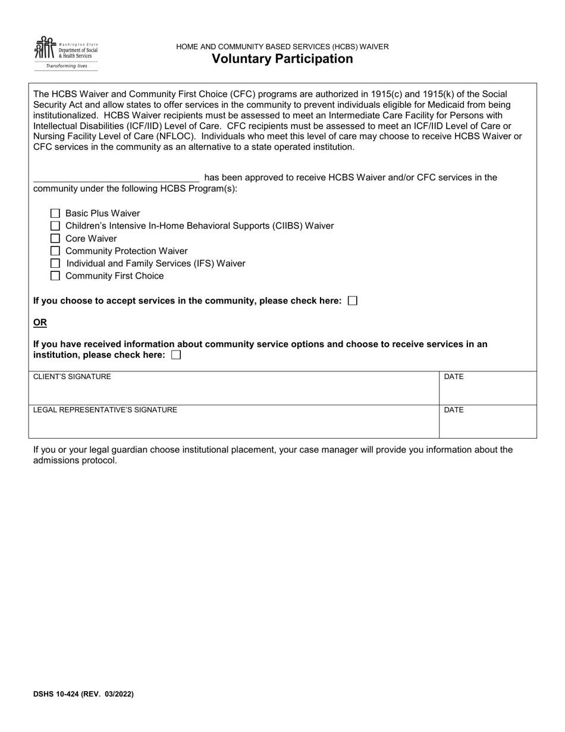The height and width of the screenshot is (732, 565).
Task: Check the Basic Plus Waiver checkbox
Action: pyautogui.click(x=55, y=213)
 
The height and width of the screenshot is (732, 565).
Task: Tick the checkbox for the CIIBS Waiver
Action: pyautogui.click(x=55, y=226)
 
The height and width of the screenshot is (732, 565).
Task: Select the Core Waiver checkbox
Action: pyautogui.click(x=55, y=239)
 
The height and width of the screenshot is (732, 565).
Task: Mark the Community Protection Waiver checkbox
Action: pyautogui.click(x=55, y=251)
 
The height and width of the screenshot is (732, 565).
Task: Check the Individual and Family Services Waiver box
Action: pyautogui.click(x=55, y=263)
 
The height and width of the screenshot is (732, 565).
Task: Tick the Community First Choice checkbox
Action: pyautogui.click(x=55, y=276)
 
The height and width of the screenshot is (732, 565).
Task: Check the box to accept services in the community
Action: pyautogui.click(x=352, y=301)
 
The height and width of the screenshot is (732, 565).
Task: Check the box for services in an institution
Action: pyautogui.click(x=176, y=355)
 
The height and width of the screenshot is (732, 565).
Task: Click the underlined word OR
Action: pyautogui.click(x=40, y=323)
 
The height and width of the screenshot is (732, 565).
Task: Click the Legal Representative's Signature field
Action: pyautogui.click(x=235, y=424)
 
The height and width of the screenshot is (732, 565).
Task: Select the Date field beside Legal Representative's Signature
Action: pyautogui.click(x=488, y=424)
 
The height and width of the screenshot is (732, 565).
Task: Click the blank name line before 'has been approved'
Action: pyautogui.click(x=116, y=177)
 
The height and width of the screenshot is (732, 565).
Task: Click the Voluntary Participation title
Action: pyautogui.click(x=282, y=59)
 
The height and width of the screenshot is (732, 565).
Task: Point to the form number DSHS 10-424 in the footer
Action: pyautogui.click(x=62, y=694)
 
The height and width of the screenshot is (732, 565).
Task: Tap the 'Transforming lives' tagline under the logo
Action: pyautogui.click(x=66, y=66)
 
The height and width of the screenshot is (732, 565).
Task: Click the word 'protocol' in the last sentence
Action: pyautogui.click(x=101, y=461)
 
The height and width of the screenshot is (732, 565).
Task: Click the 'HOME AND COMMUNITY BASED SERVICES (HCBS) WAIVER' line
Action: pyautogui.click(x=282, y=46)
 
